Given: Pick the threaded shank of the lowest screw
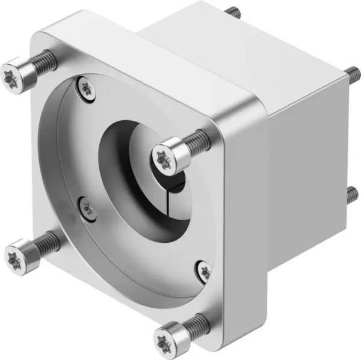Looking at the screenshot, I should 196,326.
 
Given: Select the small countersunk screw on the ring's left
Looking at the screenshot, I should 88,208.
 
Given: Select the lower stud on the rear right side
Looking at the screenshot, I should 353,194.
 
